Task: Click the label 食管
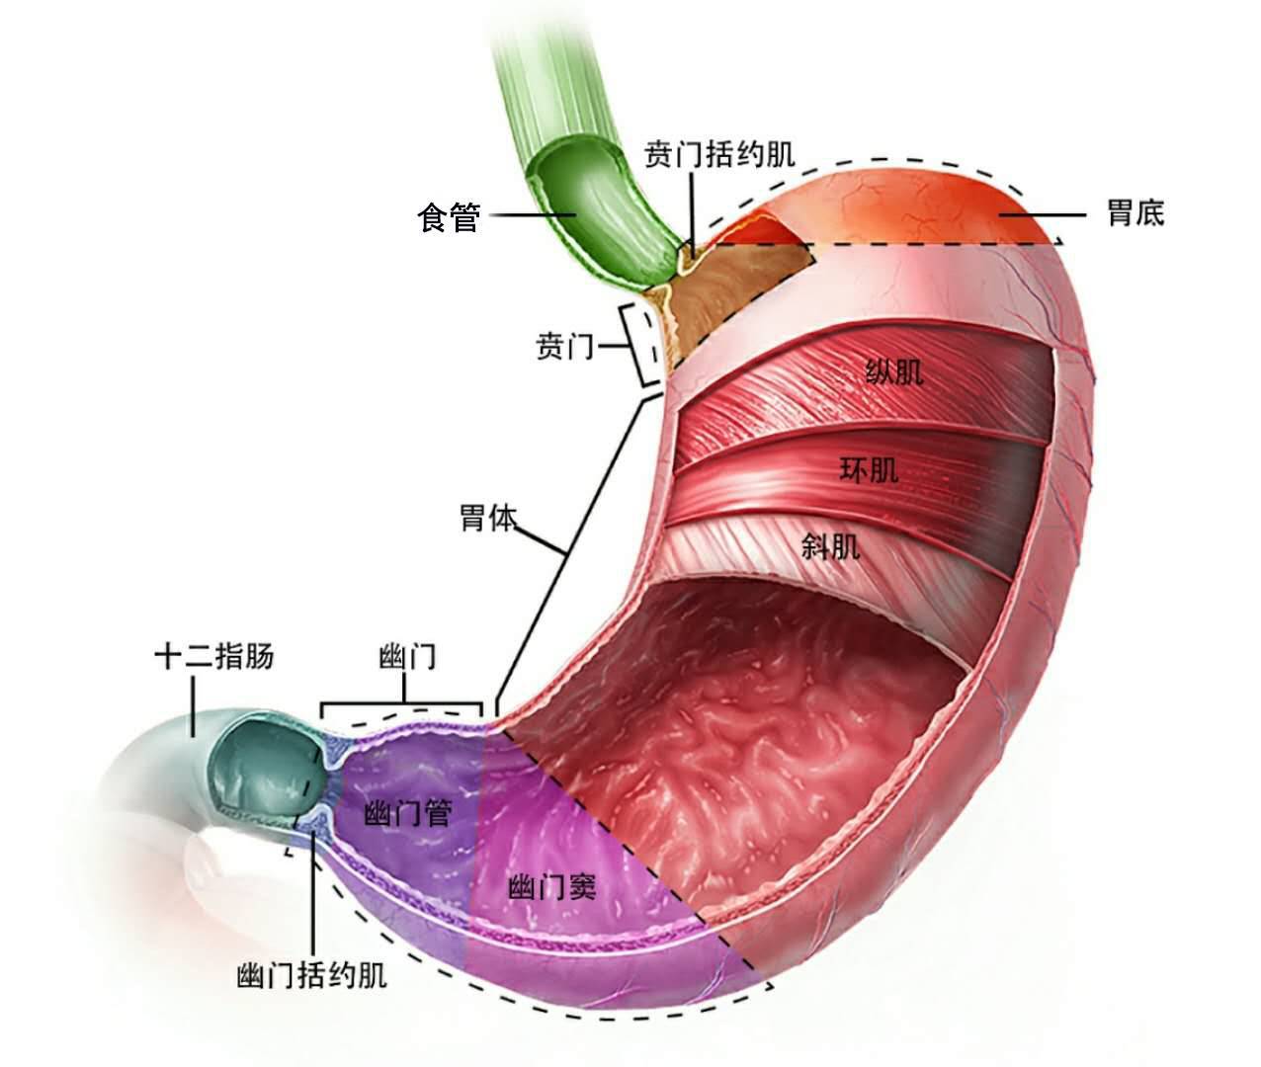pyautogui.click(x=450, y=216)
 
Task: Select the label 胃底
pyautogui.click(x=1135, y=212)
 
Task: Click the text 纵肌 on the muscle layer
pyautogui.click(x=894, y=371)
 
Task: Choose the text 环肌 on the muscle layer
pyautogui.click(x=870, y=469)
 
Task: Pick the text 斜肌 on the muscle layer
pyautogui.click(x=830, y=545)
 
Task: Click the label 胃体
pyautogui.click(x=487, y=518)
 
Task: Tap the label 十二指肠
pyautogui.click(x=214, y=657)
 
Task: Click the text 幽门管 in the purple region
pyautogui.click(x=408, y=814)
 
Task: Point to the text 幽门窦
pyautogui.click(x=552, y=887)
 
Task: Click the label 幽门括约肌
pyautogui.click(x=312, y=976)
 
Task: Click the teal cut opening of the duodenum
pyautogui.click(x=265, y=765)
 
